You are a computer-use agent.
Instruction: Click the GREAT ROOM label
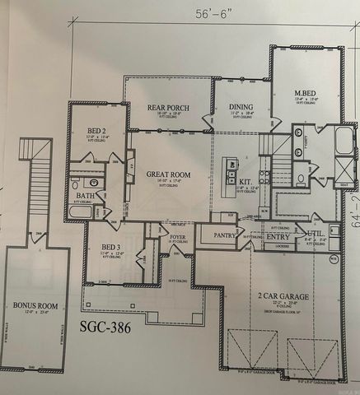[x=169, y=174]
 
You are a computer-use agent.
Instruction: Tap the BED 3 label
[x=110, y=248]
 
